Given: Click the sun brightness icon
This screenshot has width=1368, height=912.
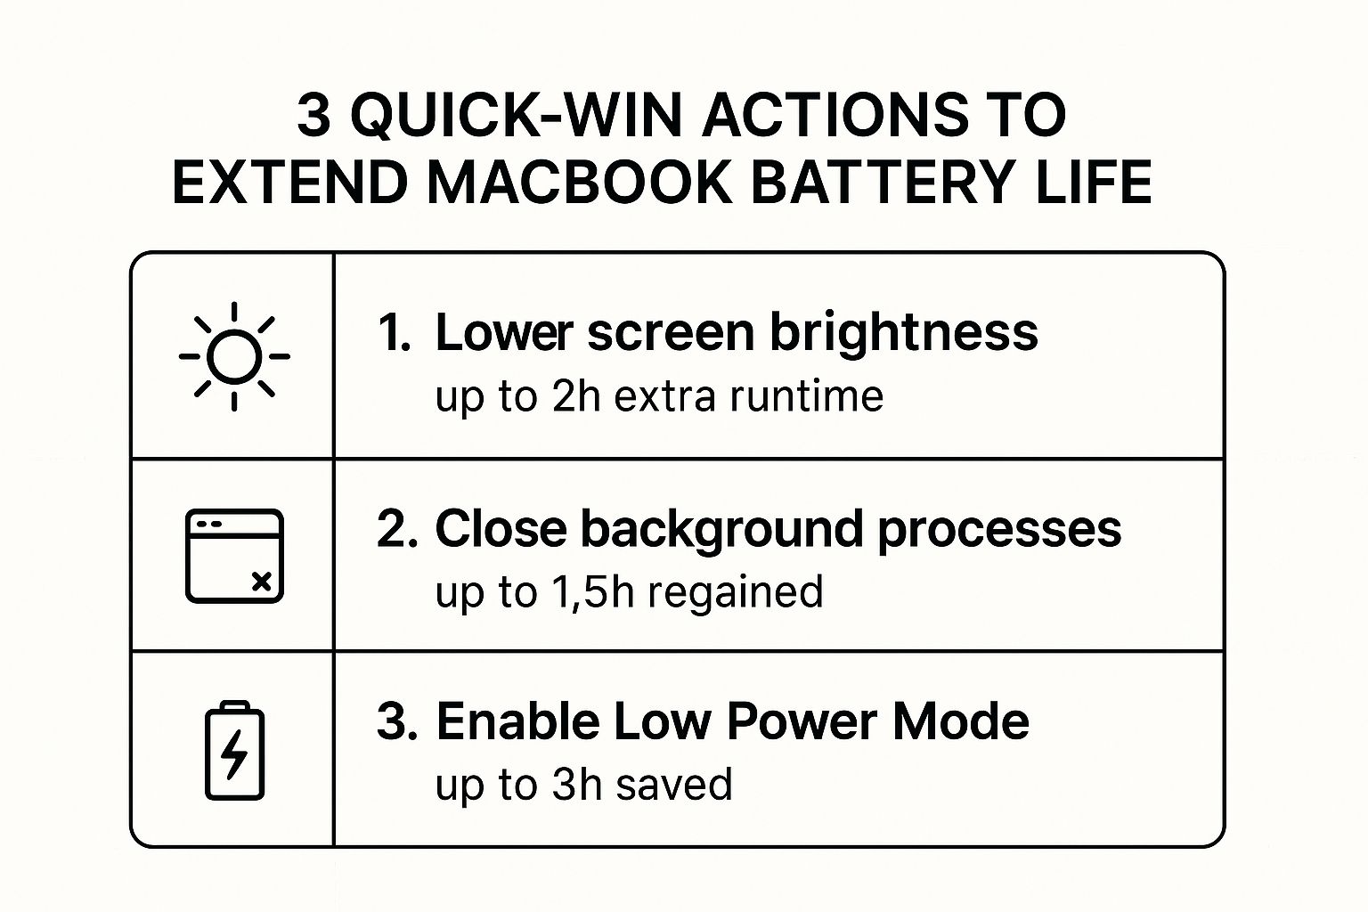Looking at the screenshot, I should coord(234,356).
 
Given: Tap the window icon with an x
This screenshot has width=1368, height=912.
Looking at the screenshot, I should coord(234,556).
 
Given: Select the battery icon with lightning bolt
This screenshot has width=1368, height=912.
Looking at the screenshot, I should coord(235,751).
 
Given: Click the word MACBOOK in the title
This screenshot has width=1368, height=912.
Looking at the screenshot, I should coord(581,183).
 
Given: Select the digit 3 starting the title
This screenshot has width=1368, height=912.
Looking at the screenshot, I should coord(313,116).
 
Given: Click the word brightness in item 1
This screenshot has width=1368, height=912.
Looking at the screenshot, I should coord(903,332).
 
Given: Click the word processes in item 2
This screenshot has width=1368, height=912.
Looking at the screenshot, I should coord(999,529).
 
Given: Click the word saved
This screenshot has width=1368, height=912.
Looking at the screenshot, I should coord(674,785).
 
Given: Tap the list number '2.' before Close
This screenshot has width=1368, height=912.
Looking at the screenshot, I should coord(397,529).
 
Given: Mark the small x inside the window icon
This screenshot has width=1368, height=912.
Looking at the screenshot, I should coord(262,582).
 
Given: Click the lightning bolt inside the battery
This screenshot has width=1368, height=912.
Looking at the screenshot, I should coord(234,754).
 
